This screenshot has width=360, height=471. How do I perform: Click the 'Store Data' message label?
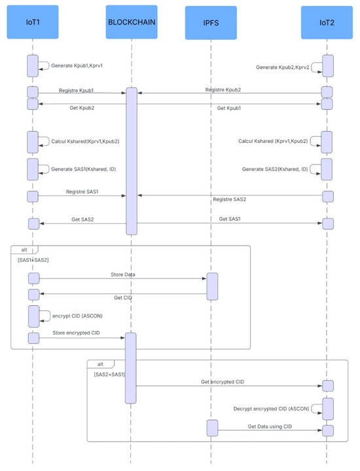(123, 274)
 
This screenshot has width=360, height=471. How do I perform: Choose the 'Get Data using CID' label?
(270, 426)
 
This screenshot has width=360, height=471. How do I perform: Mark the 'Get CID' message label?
(122, 297)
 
